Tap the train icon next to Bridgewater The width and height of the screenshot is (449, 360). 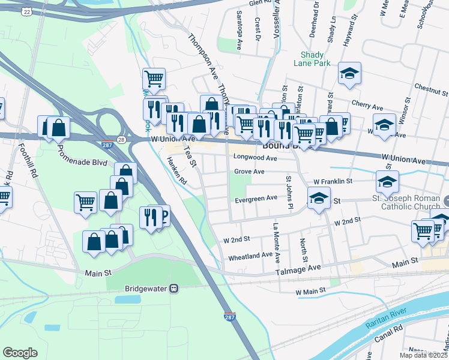[173, 288]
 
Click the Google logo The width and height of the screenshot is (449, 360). [20, 352]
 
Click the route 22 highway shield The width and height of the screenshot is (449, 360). [26, 11]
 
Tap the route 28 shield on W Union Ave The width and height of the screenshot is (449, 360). [121, 139]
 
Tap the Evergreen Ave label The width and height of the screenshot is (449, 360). [256, 198]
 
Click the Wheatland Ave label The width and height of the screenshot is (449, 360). [251, 256]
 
